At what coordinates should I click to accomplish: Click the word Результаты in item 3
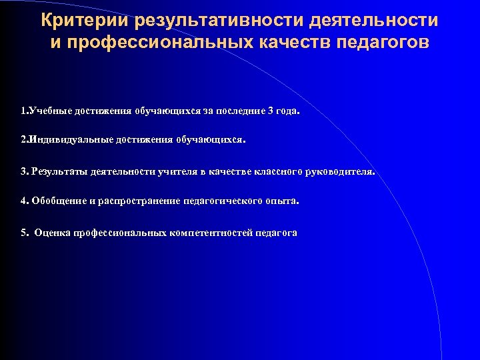56,171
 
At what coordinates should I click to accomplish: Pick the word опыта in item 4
284,201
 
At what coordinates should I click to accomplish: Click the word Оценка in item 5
52,233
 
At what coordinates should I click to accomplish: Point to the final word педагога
276,233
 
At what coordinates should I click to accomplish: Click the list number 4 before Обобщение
23,201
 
